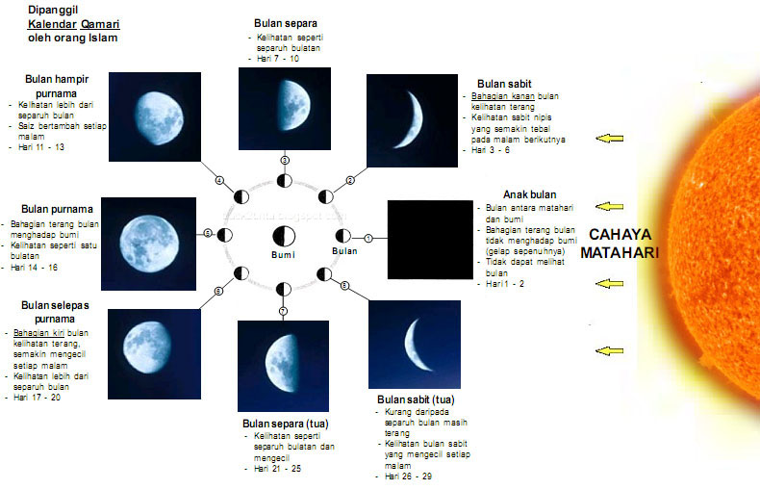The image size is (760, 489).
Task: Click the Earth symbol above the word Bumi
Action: click(284, 236)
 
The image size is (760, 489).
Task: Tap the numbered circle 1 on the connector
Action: click(367, 238)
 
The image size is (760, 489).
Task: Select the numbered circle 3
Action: click(285, 160)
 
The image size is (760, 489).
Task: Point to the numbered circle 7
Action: click(283, 311)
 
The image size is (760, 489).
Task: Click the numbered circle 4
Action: click(219, 181)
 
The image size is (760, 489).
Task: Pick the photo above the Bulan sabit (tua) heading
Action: click(416, 345)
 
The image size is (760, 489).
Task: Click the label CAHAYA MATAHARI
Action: click(623, 244)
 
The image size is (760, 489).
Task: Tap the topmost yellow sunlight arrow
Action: click(609, 140)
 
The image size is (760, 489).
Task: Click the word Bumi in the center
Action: click(282, 256)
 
